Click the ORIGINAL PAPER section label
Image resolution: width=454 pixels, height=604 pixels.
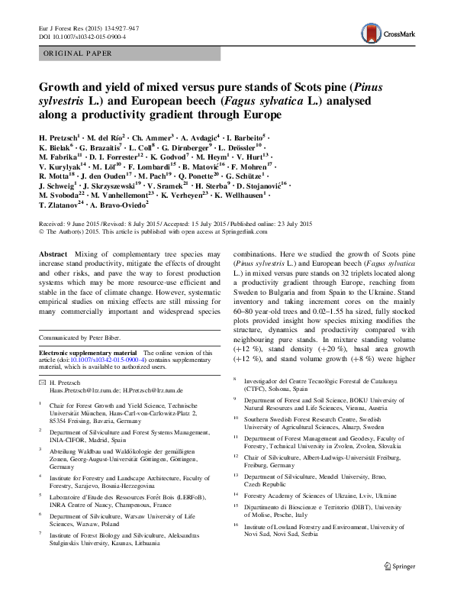point(79,53)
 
